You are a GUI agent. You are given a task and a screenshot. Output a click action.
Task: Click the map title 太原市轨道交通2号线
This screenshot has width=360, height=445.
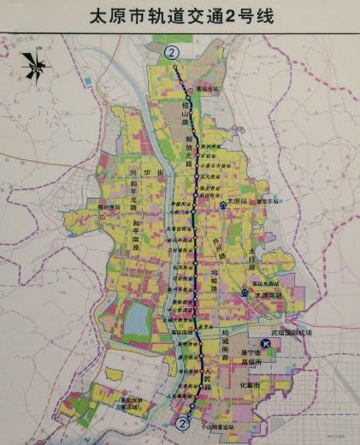coord(180,16)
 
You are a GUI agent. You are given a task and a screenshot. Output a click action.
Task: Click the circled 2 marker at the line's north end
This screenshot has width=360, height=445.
coord(174,52)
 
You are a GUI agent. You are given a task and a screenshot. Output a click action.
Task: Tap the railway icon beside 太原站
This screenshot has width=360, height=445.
coord(223,206)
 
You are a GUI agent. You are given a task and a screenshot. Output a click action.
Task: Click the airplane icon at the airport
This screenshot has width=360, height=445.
coord(267,343)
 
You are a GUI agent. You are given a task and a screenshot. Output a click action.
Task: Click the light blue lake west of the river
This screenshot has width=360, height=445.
coord(136,321)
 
